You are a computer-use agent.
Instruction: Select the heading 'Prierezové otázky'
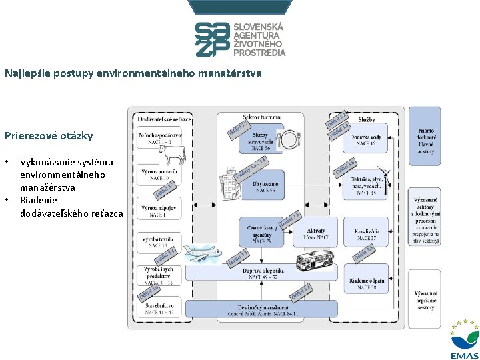(x=49, y=136)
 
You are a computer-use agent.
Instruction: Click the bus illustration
(x=314, y=258)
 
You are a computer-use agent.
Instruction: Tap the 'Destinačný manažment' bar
(x=263, y=309)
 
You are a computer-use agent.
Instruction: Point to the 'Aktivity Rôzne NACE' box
(x=315, y=233)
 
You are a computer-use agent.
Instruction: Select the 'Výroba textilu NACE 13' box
(x=157, y=241)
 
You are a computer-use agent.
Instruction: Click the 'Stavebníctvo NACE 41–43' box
(x=157, y=307)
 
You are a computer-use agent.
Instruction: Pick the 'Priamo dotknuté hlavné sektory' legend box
(x=425, y=141)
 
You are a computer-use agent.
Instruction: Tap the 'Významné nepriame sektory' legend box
(x=425, y=300)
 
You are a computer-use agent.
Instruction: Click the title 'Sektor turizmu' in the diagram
(x=261, y=117)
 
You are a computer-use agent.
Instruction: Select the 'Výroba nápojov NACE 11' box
(x=158, y=211)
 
